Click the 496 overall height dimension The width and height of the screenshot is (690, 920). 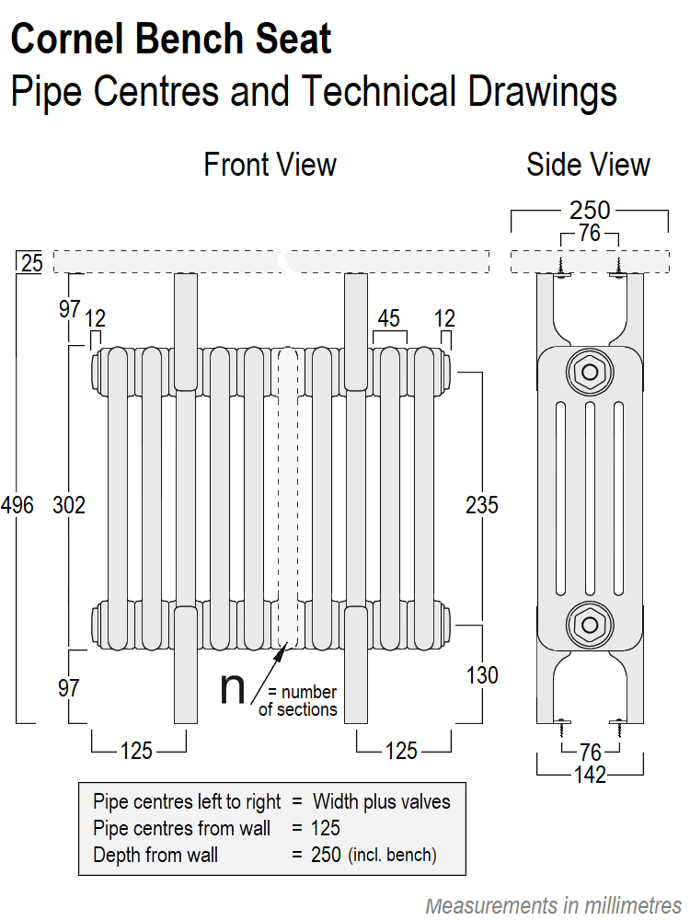pyautogui.click(x=17, y=505)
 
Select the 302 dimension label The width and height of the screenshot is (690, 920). pyautogui.click(x=69, y=505)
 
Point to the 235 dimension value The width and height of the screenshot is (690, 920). pyautogui.click(x=481, y=505)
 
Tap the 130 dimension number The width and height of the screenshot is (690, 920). pyautogui.click(x=481, y=675)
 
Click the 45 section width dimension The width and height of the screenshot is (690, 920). pyautogui.click(x=389, y=318)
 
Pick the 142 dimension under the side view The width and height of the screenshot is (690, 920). pyautogui.click(x=589, y=775)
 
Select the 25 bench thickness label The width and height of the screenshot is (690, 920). pyautogui.click(x=31, y=263)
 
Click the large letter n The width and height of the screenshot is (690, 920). pyautogui.click(x=233, y=689)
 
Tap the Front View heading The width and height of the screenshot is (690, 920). pyautogui.click(x=270, y=165)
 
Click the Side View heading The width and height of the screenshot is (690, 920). pyautogui.click(x=588, y=165)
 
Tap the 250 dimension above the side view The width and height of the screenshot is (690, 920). pyautogui.click(x=590, y=210)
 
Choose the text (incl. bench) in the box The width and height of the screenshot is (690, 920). pyautogui.click(x=392, y=855)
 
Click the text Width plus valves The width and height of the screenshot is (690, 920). pyautogui.click(x=382, y=801)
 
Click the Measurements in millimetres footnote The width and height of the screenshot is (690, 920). pyautogui.click(x=554, y=904)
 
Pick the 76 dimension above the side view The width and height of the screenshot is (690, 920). pyautogui.click(x=590, y=234)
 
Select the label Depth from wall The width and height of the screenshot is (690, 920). pyautogui.click(x=155, y=855)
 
